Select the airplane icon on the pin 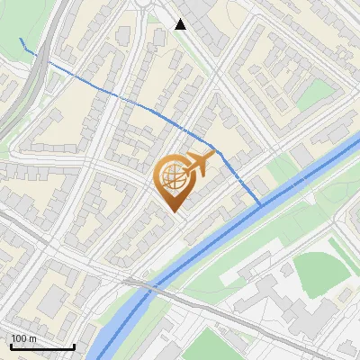click(199, 163)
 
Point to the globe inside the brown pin click(174, 176)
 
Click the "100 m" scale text click(24, 337)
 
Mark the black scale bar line click(42, 346)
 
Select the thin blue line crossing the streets click(117, 93)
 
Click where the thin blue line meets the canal click(261, 205)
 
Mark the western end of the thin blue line click(22, 40)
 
